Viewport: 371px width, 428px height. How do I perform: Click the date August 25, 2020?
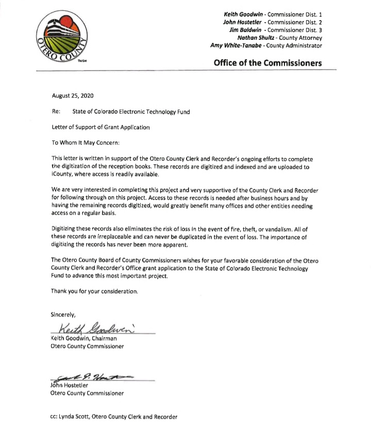pos(73,96)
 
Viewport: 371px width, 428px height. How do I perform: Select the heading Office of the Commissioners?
pos(268,63)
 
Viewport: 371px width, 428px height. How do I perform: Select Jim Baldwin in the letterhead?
pos(245,29)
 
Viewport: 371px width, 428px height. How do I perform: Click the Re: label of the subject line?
pos(57,111)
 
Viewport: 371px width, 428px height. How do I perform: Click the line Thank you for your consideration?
pos(95,291)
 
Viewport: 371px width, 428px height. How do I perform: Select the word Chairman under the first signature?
pos(108,338)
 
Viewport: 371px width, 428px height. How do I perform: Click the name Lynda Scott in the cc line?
pos(77,417)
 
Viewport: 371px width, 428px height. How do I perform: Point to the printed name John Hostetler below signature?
pos(72,385)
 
